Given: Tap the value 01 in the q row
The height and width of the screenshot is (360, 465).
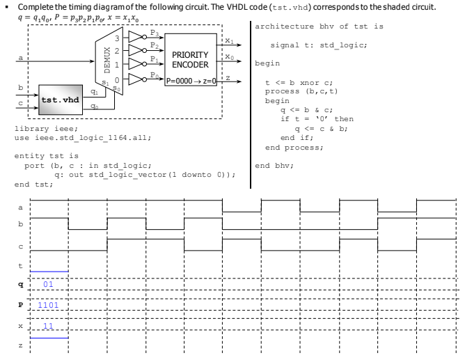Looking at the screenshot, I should [48, 284].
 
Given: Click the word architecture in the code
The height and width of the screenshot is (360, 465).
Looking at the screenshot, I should [283, 25].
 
